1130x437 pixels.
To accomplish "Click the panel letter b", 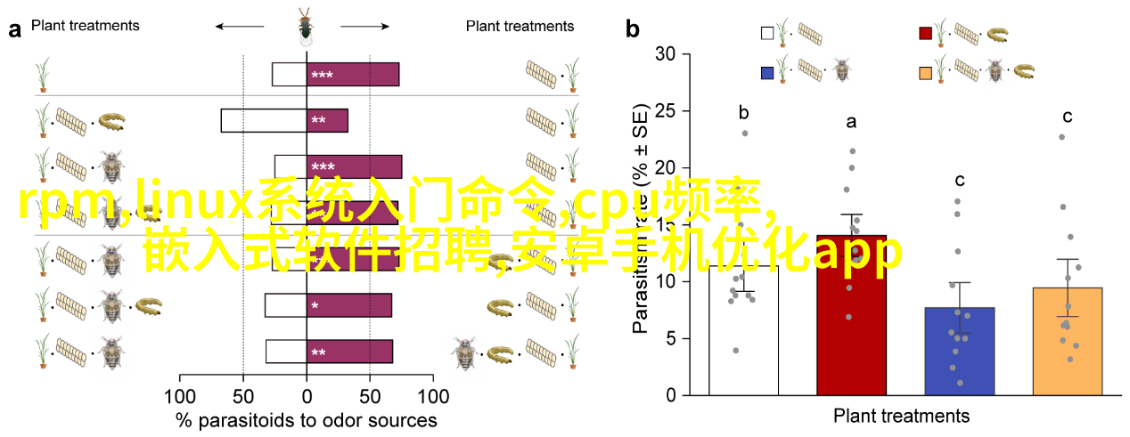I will tap(633, 29).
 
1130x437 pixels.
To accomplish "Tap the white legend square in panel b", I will tap(767, 33).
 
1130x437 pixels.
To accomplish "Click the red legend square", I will tap(926, 33).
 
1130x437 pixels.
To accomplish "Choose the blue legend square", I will tap(767, 71).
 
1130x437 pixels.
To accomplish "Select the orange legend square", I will tap(926, 71).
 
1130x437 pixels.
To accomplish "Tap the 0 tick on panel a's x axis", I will tap(307, 395).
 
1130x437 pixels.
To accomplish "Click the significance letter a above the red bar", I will tap(851, 122).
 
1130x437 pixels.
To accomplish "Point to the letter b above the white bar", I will tap(743, 113).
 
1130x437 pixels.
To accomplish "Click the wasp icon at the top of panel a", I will tap(306, 26).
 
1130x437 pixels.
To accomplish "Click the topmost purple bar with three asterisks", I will tap(353, 75).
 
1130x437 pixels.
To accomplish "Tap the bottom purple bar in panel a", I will tap(349, 352).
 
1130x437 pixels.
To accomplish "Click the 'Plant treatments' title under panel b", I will tap(901, 416).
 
